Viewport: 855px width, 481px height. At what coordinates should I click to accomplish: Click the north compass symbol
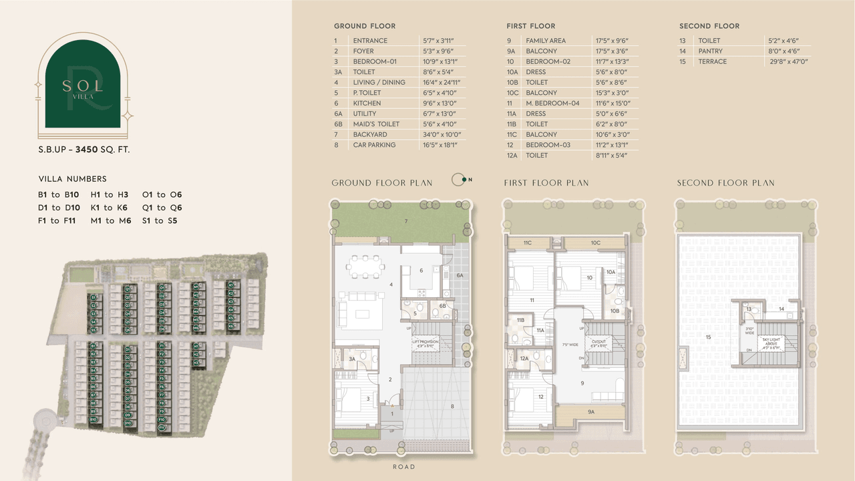click(460, 179)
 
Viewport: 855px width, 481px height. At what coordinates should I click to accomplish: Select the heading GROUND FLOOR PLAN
click(382, 183)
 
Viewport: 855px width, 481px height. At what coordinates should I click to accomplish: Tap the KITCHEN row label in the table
click(367, 104)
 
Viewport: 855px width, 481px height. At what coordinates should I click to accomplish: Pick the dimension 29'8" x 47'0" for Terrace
click(789, 61)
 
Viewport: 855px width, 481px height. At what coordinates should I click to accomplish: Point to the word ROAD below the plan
click(403, 467)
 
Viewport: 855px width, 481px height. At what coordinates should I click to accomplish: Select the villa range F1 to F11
click(59, 220)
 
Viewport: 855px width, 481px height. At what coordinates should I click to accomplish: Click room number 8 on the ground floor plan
click(452, 406)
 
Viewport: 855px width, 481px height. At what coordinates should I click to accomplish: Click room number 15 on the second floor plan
click(707, 337)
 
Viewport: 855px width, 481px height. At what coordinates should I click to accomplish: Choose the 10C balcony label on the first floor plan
click(595, 243)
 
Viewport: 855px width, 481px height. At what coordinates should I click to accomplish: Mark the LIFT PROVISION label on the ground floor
click(425, 343)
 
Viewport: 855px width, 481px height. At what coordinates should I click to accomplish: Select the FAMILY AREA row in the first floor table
click(545, 41)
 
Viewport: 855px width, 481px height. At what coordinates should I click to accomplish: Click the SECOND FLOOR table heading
click(709, 26)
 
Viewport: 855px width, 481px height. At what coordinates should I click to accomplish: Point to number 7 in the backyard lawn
click(405, 220)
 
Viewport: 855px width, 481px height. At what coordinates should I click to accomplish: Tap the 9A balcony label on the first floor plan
click(590, 412)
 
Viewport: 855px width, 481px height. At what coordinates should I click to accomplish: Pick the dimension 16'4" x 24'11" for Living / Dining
click(442, 83)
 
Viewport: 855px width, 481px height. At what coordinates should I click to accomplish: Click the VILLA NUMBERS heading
click(72, 179)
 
